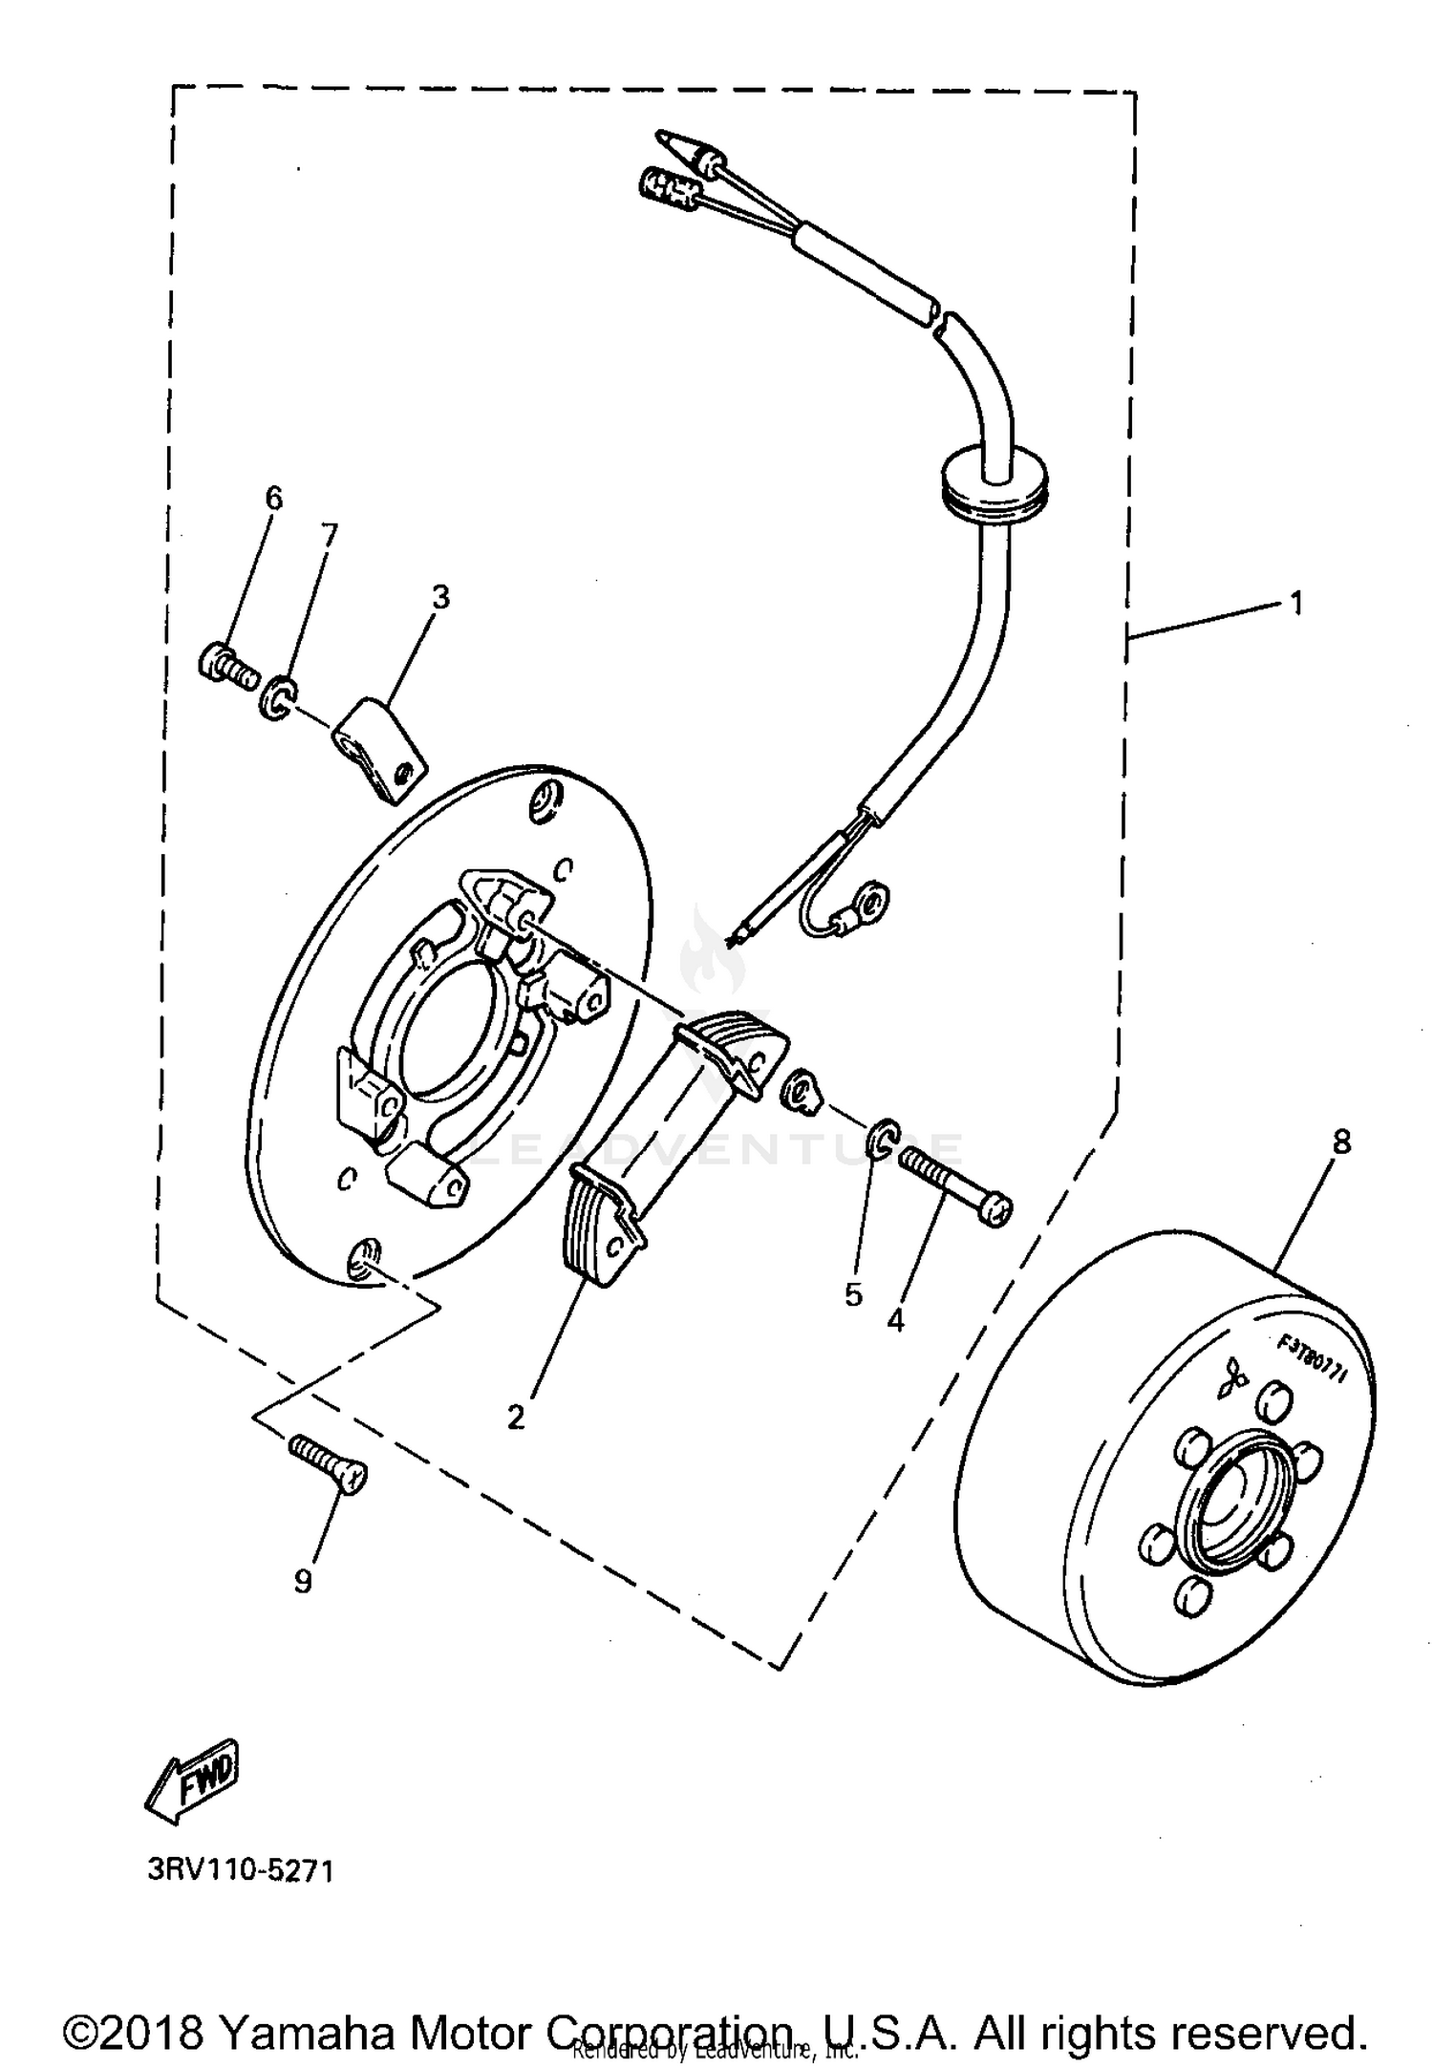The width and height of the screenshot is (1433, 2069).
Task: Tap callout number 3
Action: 439,597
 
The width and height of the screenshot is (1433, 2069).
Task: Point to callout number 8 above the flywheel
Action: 1341,1142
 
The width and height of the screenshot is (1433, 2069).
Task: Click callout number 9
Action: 303,1582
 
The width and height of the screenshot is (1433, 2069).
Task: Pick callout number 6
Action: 274,498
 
